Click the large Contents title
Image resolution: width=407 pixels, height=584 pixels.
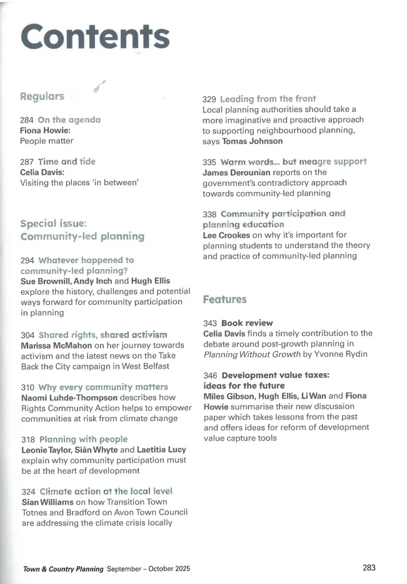pos(95,38)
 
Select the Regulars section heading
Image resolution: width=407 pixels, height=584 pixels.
pos(42,96)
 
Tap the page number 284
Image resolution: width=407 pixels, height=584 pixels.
pos(28,120)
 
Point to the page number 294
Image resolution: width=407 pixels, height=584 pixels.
pos(28,260)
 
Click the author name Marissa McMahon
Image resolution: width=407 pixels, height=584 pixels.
pos(53,346)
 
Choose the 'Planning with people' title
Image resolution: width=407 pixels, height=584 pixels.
pos(83,439)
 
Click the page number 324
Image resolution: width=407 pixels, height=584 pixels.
pos(28,491)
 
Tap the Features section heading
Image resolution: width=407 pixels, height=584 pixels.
pos(224,300)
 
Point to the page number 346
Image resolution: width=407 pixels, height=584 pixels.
pos(211,375)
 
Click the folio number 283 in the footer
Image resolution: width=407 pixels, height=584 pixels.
pos(369,568)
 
